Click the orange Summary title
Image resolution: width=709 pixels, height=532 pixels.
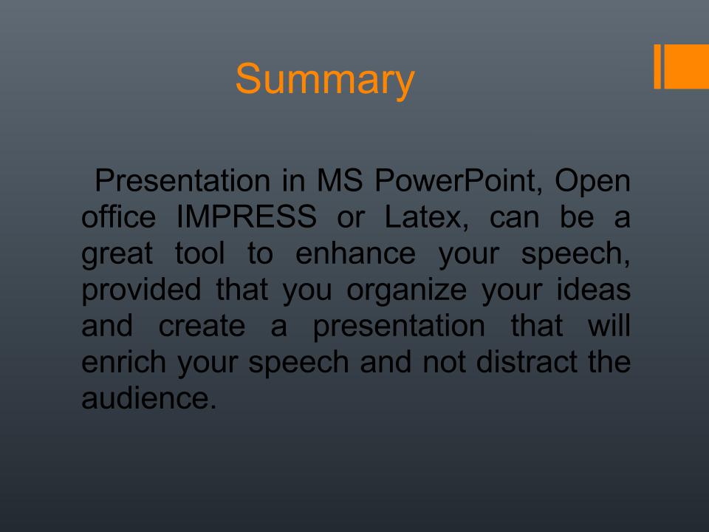[325, 80]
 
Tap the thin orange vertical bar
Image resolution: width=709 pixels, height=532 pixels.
[657, 66]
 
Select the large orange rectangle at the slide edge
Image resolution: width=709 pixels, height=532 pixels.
[686, 66]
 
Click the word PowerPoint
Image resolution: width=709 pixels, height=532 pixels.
[459, 181]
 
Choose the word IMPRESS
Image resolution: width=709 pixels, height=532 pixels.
[247, 216]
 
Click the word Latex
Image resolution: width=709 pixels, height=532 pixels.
[427, 217]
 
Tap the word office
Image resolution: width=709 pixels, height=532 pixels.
[118, 216]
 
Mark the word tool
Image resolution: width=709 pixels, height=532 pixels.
[199, 253]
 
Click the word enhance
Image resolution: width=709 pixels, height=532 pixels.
[355, 253]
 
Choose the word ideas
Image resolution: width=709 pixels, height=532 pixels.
[593, 289]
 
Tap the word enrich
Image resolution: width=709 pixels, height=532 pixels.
[123, 361]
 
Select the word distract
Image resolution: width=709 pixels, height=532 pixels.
[527, 361]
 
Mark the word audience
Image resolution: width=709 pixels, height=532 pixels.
[148, 398]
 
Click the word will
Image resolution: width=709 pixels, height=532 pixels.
[609, 325]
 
